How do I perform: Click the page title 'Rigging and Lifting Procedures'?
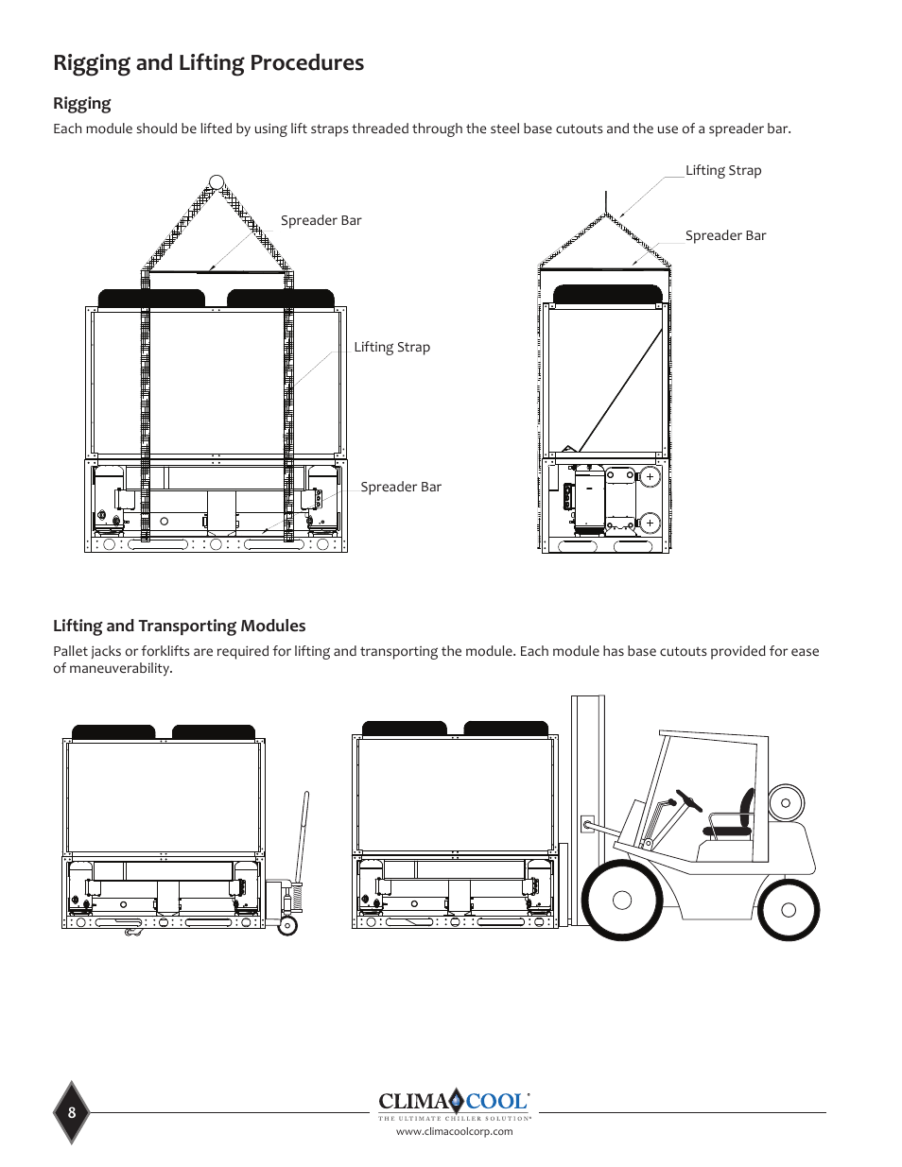(x=208, y=63)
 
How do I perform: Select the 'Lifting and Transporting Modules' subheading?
(x=179, y=626)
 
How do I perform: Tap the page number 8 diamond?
(x=72, y=1112)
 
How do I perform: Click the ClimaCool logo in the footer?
(x=454, y=1102)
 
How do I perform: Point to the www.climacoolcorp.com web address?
(x=454, y=1131)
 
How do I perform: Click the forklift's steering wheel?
(x=689, y=800)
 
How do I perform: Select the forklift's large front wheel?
(x=621, y=900)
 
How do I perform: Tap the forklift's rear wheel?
(x=789, y=910)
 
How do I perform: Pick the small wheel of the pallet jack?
(x=287, y=926)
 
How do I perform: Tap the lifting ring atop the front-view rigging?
(x=217, y=182)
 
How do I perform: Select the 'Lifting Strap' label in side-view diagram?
(x=723, y=170)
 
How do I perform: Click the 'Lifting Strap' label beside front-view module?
(x=391, y=347)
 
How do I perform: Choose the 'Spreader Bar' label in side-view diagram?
(x=725, y=235)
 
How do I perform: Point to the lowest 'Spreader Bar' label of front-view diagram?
(x=400, y=487)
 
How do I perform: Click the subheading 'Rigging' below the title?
(x=81, y=103)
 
